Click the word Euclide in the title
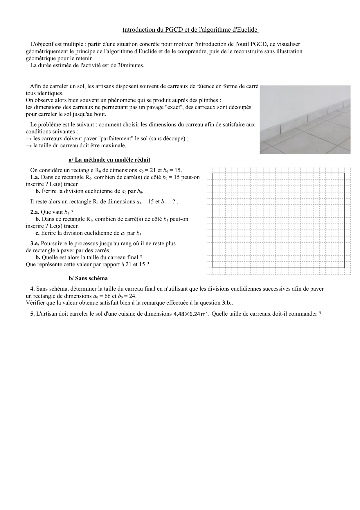[246, 30]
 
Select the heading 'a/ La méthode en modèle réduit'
[109, 160]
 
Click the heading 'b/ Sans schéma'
[88, 278]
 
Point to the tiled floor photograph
[305, 119]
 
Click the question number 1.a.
[35, 177]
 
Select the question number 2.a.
[35, 212]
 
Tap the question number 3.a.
[35, 243]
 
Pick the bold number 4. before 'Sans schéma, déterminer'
[33, 289]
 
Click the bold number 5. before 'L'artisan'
[33, 314]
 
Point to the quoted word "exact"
[174, 107]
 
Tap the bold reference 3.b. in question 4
[227, 303]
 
